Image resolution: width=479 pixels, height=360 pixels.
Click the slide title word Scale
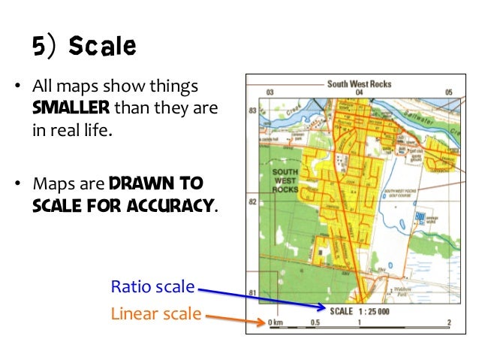coord(102,47)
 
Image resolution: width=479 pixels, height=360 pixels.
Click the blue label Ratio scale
coord(152,286)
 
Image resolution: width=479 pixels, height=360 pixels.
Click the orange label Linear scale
coord(156,313)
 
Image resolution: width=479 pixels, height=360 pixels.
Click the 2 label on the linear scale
coord(448,322)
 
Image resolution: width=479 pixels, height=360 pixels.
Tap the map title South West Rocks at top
coord(359,83)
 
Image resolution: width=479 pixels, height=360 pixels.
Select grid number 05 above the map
coord(448,93)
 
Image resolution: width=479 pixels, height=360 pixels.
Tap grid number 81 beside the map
coord(253,292)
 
